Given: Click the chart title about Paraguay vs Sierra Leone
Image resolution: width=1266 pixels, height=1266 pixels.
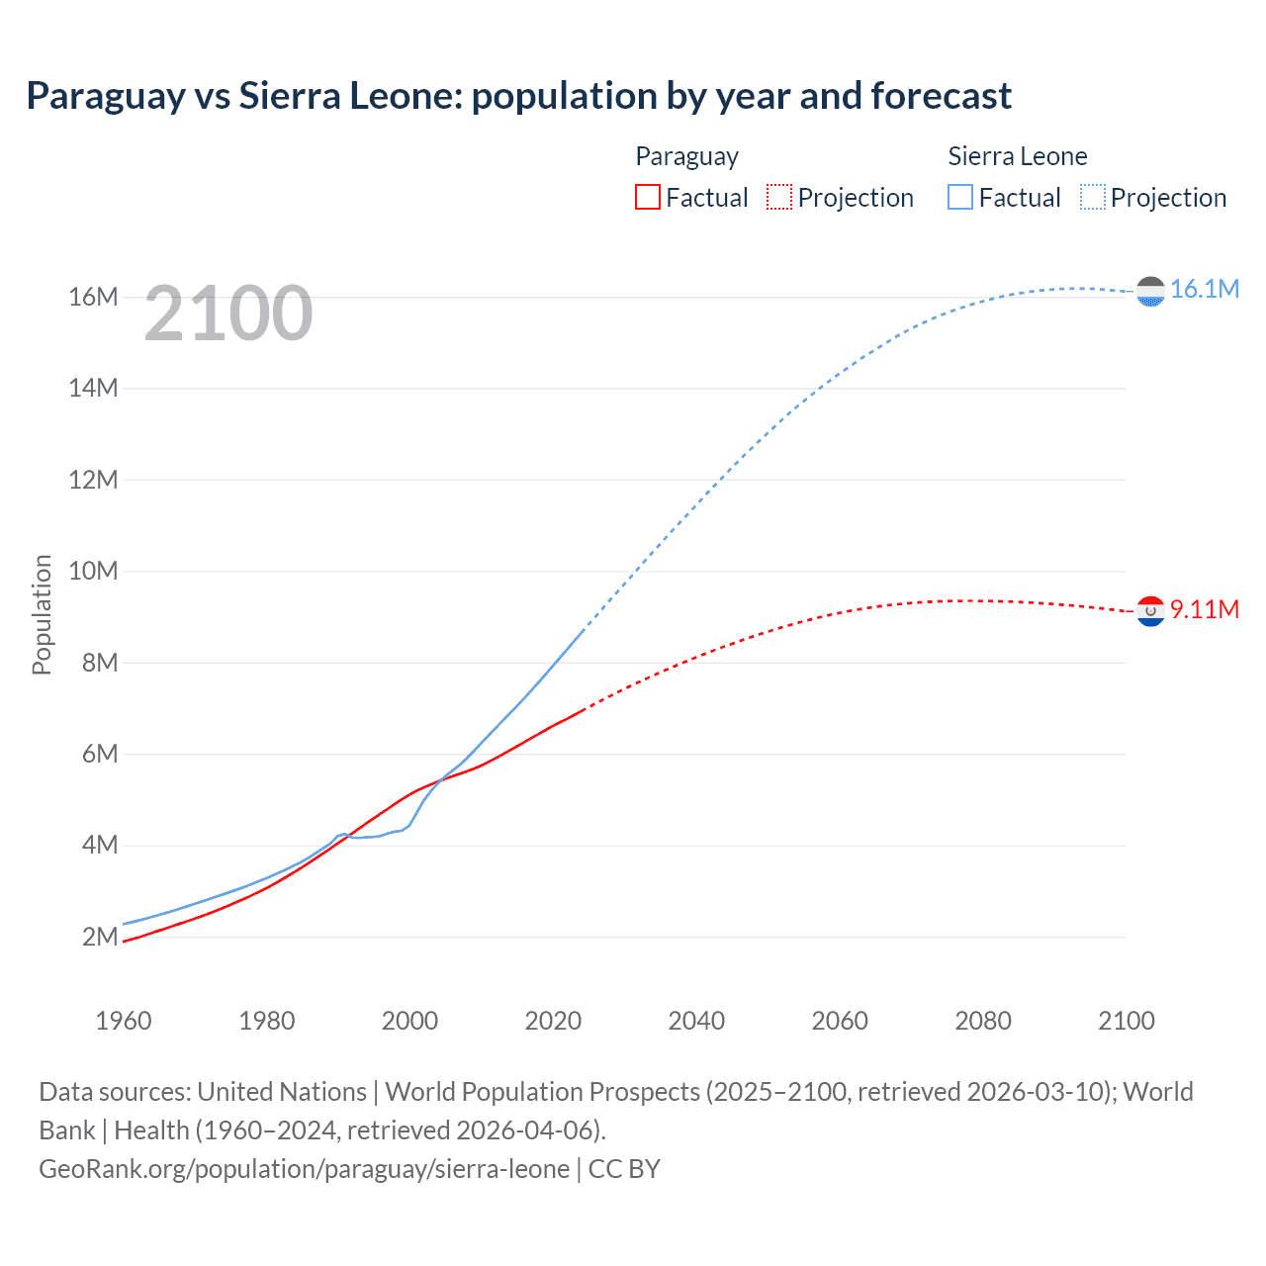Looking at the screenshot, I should point(518,96).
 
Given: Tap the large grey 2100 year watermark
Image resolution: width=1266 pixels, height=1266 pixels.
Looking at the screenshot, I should point(228,314).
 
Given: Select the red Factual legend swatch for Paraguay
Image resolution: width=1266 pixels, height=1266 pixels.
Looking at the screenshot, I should point(648,197).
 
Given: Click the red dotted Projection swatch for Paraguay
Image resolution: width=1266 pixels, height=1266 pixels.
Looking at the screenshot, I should point(779,197).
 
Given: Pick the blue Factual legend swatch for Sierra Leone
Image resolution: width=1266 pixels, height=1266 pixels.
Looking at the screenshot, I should point(960,197).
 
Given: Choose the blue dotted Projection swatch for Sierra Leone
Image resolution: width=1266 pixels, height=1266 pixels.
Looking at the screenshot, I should point(1092,197).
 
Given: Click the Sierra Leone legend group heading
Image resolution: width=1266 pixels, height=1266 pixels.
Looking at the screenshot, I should point(1017,156).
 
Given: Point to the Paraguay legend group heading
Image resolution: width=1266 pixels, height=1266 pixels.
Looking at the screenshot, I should point(686,156).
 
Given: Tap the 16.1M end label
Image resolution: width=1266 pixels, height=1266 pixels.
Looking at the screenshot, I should point(1204,289).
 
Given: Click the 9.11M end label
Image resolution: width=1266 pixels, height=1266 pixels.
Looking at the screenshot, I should point(1204,609).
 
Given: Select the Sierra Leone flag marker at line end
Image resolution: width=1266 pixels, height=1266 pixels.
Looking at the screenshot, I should point(1150,292).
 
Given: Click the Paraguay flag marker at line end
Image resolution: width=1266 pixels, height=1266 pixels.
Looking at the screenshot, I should point(1150,612).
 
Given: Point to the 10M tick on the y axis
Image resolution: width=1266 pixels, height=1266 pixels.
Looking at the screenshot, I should point(93,572).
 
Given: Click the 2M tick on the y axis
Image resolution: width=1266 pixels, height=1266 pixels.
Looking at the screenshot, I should point(100,937).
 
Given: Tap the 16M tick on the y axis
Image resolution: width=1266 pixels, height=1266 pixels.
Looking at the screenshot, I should point(93,298).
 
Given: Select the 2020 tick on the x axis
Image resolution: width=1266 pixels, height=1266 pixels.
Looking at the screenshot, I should point(553,1021).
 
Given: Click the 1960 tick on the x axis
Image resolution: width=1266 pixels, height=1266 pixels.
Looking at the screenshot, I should point(124,1021).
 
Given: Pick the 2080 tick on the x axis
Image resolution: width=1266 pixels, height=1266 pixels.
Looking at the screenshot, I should point(983,1021).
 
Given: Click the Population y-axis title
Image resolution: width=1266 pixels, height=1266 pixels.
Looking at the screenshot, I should point(42,614).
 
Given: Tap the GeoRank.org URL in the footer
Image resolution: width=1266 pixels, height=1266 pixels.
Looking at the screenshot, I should point(304,1169).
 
